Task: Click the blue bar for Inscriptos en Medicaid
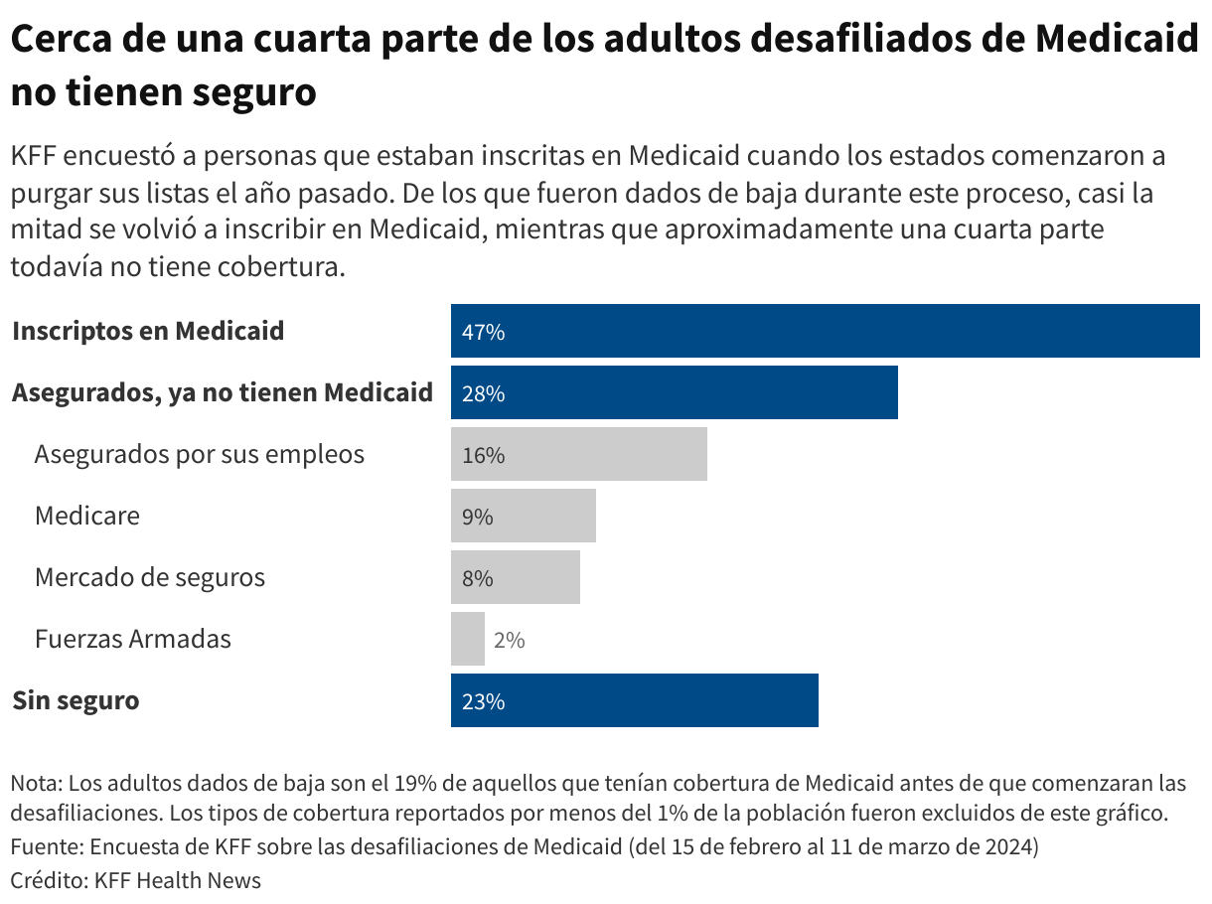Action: pos(825,331)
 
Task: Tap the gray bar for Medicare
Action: pos(524,516)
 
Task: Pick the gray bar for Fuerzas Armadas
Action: pos(467,639)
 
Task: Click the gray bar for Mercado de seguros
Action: pos(515,577)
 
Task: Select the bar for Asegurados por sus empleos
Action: pos(578,454)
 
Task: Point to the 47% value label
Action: pos(484,333)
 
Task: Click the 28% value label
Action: pos(484,394)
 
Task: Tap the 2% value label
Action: pos(509,641)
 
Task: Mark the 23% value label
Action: pos(484,702)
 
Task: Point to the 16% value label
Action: pos(484,456)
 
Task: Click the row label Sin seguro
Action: pos(76,700)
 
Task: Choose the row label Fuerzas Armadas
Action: pos(132,639)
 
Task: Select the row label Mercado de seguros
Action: pos(149,577)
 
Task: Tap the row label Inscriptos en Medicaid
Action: pos(148,331)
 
